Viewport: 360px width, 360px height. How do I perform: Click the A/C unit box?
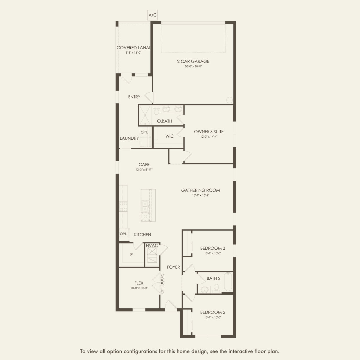pos(152,15)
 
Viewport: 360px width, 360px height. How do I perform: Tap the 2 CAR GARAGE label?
pos(193,61)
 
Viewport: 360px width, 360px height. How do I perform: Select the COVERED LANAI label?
pos(133,48)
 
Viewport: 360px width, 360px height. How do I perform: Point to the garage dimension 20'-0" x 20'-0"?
pos(193,66)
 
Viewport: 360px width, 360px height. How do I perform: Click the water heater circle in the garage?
pos(229,100)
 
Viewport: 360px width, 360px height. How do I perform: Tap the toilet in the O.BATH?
pos(156,110)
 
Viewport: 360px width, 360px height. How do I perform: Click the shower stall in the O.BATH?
pos(145,115)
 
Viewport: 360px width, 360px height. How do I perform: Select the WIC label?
pos(170,136)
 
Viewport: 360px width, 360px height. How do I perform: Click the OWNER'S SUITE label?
pos(209,132)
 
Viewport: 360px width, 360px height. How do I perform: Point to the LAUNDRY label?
pos(129,138)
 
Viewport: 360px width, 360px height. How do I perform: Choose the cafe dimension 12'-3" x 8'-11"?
pos(144,170)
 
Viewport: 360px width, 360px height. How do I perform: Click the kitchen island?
pos(148,205)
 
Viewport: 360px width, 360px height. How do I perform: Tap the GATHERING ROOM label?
pos(200,190)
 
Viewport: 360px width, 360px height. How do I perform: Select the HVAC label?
pos(152,246)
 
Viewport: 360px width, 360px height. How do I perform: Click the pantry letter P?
pos(132,255)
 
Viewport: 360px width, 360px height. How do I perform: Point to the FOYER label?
pos(173,267)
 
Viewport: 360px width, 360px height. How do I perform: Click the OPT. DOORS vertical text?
pos(162,283)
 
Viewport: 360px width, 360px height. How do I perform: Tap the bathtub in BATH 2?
pos(228,282)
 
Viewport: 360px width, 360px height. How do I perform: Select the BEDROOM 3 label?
pos(213,248)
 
